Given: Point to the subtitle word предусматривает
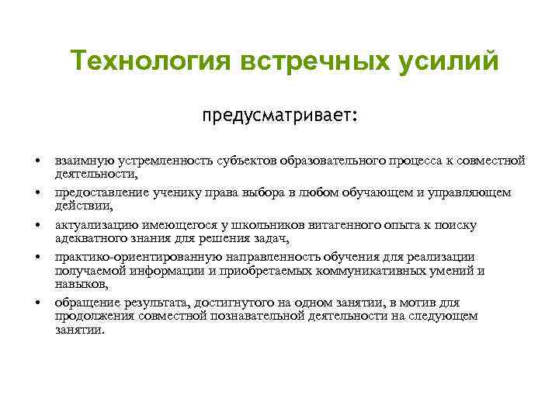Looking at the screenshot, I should (x=279, y=116).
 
